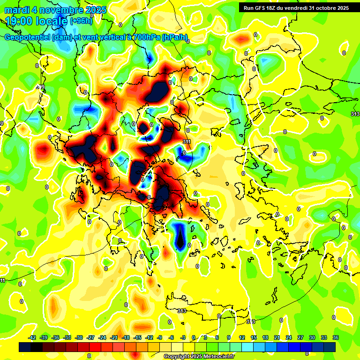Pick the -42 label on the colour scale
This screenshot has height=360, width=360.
coord(33,337)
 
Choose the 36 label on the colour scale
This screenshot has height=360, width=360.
coord(336,337)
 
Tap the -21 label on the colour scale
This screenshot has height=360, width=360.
coord(114,337)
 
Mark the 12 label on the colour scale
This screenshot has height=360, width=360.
coord(241,337)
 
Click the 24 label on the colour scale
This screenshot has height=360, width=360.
coord(289,337)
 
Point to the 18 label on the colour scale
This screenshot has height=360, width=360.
coord(265,337)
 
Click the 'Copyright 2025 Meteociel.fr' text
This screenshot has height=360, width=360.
coord(199,357)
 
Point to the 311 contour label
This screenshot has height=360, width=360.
coord(187,141)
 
